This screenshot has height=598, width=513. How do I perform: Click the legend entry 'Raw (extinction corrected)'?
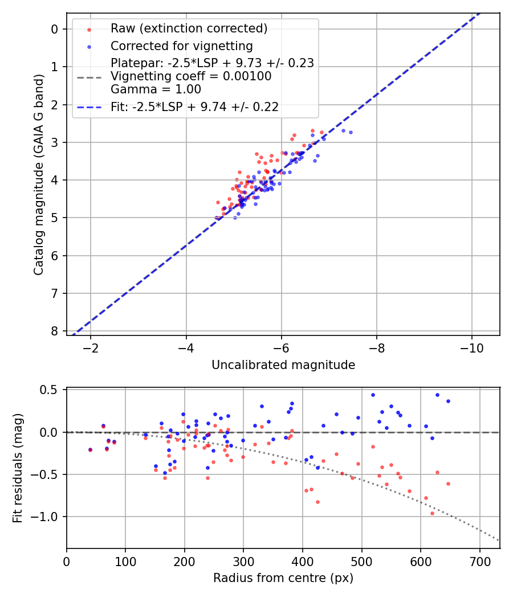tap(189, 28)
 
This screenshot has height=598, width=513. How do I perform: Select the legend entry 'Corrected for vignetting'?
tap(182, 46)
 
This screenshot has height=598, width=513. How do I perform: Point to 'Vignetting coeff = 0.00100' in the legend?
tap(191, 76)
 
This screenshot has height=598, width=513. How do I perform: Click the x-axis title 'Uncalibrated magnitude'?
tap(283, 365)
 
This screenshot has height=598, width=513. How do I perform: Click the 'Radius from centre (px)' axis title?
tap(283, 578)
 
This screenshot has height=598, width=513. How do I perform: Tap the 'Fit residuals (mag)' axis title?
tap(18, 468)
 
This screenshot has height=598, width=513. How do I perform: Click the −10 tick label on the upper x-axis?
tap(471, 347)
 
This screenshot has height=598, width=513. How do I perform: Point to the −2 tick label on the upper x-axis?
tap(90, 347)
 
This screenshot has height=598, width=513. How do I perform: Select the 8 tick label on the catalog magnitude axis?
tap(55, 331)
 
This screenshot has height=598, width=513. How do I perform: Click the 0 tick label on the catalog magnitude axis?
tap(55, 29)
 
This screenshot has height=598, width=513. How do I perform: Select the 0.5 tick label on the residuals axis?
tap(50, 390)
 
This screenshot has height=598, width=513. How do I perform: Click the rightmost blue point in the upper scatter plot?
tap(351, 132)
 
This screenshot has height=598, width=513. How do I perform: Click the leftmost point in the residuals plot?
tap(90, 450)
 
